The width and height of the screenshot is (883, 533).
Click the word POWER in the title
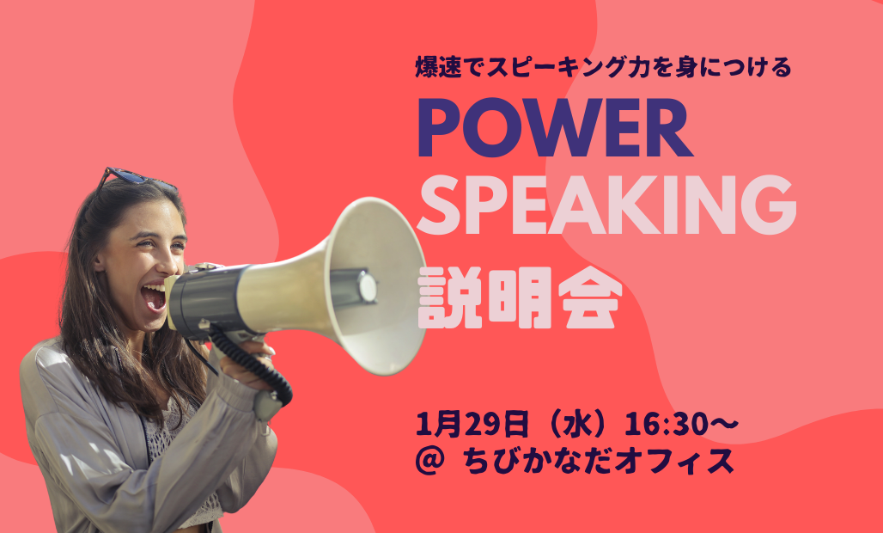point(555,128)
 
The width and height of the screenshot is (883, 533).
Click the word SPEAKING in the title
point(606,205)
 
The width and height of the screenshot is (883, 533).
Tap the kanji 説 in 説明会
point(449,298)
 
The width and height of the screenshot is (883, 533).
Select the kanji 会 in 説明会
point(590,298)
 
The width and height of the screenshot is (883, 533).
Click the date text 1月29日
point(472,425)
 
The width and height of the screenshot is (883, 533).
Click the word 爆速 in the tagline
point(438,67)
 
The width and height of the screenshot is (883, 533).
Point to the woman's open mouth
point(154,297)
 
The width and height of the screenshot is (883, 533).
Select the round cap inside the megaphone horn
point(367,287)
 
